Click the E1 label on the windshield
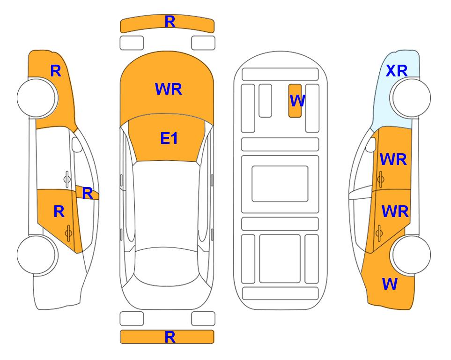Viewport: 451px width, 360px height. [169, 138]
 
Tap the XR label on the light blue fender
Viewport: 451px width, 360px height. [397, 71]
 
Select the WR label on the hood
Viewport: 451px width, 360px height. [169, 89]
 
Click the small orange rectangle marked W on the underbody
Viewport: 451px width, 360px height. [295, 101]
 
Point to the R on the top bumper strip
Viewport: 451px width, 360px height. [170, 22]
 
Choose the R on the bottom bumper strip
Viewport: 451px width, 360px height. [170, 337]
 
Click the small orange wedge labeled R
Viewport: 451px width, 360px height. [88, 193]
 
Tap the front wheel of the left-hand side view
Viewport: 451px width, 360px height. [37, 98]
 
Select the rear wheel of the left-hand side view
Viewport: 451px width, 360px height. [37, 255]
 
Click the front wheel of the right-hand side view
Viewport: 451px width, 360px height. [410, 98]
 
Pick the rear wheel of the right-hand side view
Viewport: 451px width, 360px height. [410, 255]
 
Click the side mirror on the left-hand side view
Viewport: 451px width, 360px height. [76, 144]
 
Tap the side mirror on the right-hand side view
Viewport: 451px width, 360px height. [371, 144]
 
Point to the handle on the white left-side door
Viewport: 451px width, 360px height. [67, 179]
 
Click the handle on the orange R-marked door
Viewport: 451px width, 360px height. [68, 233]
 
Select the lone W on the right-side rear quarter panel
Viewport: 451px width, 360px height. [390, 284]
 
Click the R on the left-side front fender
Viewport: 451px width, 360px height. [56, 71]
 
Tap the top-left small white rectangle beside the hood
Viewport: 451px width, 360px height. [132, 43]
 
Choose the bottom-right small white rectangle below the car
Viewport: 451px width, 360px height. [203, 319]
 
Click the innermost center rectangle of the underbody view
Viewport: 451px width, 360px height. [280, 184]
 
